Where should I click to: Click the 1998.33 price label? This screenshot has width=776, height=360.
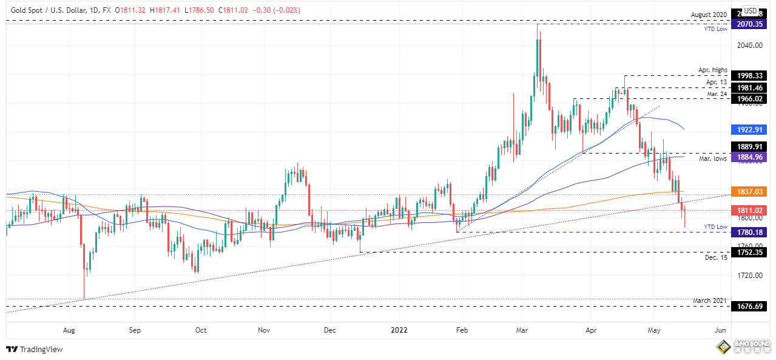[x=749, y=76]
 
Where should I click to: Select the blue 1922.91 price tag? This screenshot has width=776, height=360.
[x=749, y=129]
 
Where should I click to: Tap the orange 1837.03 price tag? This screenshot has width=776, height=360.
[x=749, y=191]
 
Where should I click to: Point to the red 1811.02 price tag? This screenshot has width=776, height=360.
[x=749, y=210]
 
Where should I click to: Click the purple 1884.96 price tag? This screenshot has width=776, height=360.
[x=749, y=157]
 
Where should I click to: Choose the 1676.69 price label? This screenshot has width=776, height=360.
[x=749, y=307]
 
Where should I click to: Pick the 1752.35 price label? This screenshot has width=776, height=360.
[x=749, y=252]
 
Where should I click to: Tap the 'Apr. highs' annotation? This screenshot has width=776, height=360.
[x=713, y=70]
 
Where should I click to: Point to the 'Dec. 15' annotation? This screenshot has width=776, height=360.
[x=717, y=258]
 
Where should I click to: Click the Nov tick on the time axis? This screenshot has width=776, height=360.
[x=263, y=330]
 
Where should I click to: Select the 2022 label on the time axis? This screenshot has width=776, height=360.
[x=399, y=330]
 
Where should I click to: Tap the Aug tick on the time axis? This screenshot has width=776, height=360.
[x=69, y=330]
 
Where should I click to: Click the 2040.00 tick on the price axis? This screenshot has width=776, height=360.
[x=749, y=46]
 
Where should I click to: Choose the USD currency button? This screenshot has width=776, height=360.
[x=750, y=10]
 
